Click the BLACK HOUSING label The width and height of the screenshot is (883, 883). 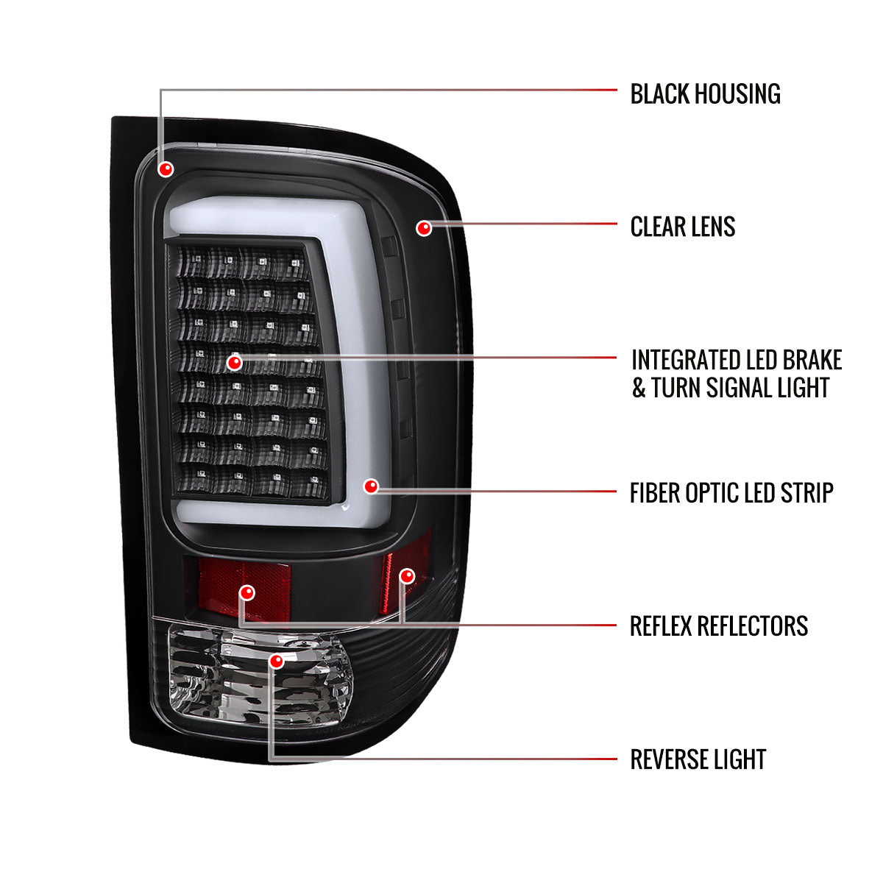click(705, 94)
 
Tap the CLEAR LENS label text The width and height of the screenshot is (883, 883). click(682, 227)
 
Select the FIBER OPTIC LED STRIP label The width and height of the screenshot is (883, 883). click(731, 493)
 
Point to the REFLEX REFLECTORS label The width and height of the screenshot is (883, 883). click(718, 626)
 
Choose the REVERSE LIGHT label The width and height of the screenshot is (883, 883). click(698, 759)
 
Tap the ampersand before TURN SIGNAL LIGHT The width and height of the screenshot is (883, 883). click(638, 388)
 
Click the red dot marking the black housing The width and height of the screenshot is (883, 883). click(166, 169)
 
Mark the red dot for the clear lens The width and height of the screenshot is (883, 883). click(423, 228)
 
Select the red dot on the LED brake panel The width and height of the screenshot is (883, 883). click(235, 362)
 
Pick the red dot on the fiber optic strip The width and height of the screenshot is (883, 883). click(371, 486)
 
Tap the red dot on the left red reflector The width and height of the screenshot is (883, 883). click(248, 592)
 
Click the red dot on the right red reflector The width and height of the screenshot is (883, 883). click(407, 575)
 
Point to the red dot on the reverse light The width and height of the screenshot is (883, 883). click(277, 662)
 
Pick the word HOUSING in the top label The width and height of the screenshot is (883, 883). click(738, 94)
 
